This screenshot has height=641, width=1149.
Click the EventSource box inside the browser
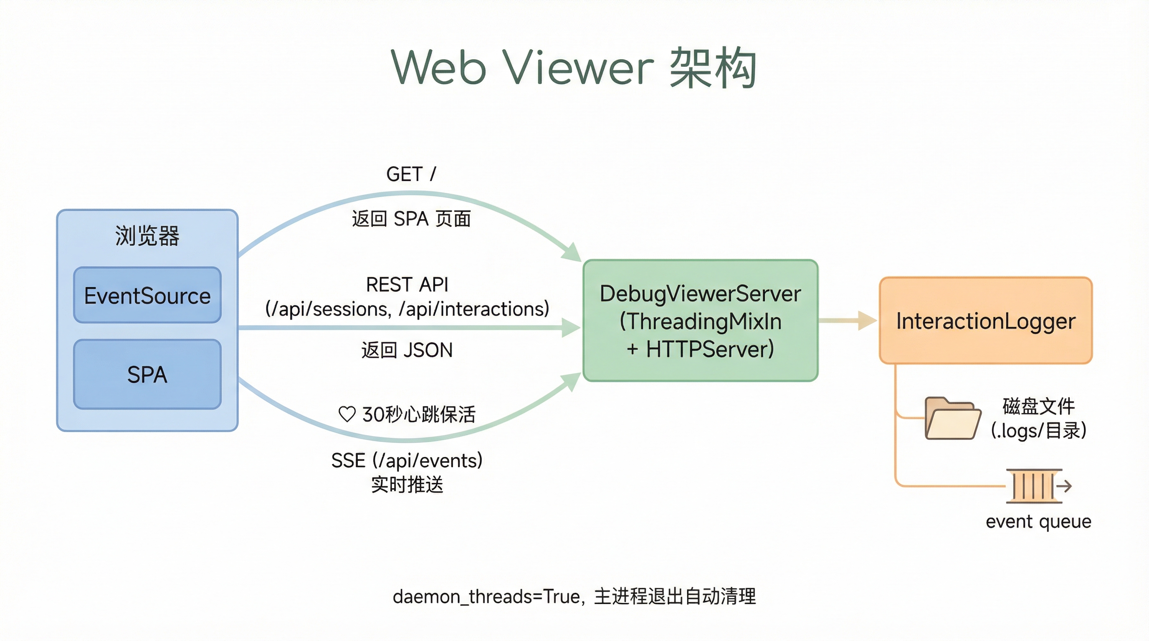147,295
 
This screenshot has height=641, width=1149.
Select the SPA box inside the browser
147,374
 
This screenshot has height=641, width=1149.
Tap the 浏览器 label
147,235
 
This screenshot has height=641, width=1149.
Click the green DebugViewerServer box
700,320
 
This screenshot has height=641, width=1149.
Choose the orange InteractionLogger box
986,320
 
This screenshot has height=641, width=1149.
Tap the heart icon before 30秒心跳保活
347,414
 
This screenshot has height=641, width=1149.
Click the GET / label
411,174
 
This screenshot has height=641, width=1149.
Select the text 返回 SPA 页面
411,219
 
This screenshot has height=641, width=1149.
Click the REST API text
407,284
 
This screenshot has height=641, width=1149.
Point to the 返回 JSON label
407,350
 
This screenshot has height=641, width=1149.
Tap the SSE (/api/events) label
407,460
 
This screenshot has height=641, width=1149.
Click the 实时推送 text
407,485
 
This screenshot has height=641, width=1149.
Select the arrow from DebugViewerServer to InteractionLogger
848,320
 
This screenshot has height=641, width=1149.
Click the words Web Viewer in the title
522,68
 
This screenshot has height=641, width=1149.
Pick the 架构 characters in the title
712,68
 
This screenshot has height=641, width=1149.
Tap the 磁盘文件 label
1038,406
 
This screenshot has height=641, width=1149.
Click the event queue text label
1038,521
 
